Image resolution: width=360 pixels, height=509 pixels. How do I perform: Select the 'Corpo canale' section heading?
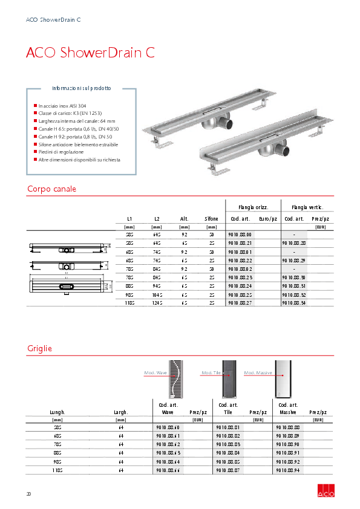pos(51,189)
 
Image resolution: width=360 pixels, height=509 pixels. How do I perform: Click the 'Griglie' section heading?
pos(39,349)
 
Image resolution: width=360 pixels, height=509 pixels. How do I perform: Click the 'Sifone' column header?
pos(211,219)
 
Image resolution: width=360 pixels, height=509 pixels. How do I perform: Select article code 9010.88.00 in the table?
pos(240,234)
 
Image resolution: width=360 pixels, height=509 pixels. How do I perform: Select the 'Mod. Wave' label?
pos(155,373)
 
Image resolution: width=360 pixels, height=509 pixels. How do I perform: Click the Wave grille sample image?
pos(175,378)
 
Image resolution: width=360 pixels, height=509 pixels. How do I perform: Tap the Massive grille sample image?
pos(283,378)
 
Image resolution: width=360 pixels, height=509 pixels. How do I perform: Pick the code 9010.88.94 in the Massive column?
pos(287,470)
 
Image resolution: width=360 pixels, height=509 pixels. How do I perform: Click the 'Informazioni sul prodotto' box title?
pos(81,88)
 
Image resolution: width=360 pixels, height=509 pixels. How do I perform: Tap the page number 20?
pos(28,494)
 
